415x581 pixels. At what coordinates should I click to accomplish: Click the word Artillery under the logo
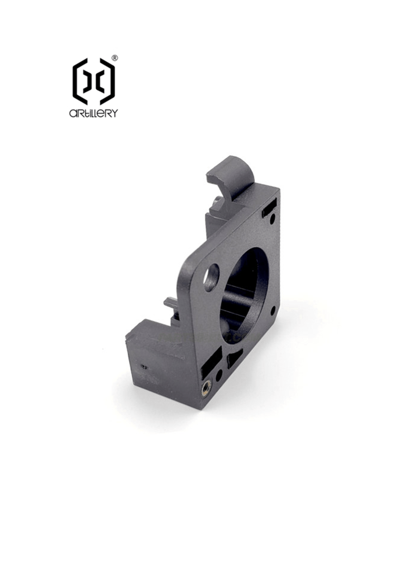pyautogui.click(x=93, y=113)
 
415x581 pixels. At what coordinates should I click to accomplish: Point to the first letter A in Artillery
pyautogui.click(x=73, y=113)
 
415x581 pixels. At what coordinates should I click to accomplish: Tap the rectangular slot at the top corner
pyautogui.click(x=269, y=208)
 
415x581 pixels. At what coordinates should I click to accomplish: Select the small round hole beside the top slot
pyautogui.click(x=272, y=219)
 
